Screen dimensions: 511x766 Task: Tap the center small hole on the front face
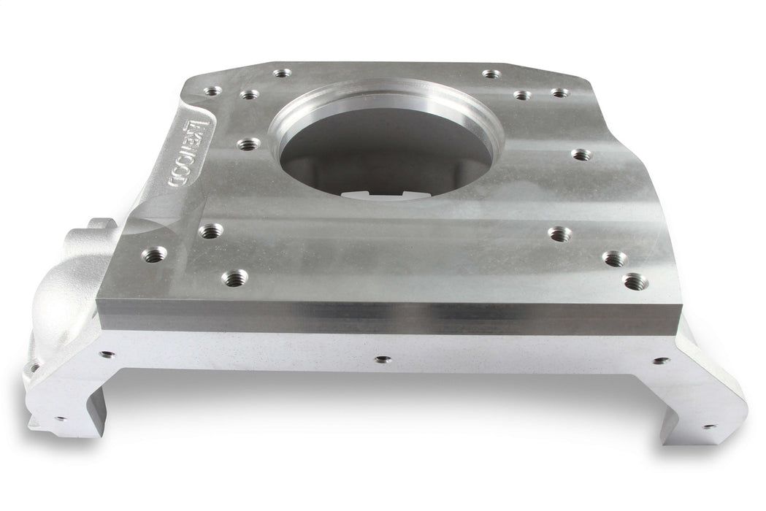[380, 359]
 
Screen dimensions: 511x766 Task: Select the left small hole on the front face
[107, 355]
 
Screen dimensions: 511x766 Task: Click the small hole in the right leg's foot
[706, 426]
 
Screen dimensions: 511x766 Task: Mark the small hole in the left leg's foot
[58, 419]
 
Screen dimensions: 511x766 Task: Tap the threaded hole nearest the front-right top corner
[635, 282]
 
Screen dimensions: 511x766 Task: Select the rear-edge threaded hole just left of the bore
[282, 73]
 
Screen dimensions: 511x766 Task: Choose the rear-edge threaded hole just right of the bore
[491, 74]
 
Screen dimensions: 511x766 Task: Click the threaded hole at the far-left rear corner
[212, 91]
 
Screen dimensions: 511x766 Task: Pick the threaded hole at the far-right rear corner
[559, 93]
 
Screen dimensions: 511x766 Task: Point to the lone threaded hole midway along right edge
[581, 155]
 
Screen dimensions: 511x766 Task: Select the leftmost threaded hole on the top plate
[154, 255]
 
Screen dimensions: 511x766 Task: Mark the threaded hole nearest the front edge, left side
[234, 277]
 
